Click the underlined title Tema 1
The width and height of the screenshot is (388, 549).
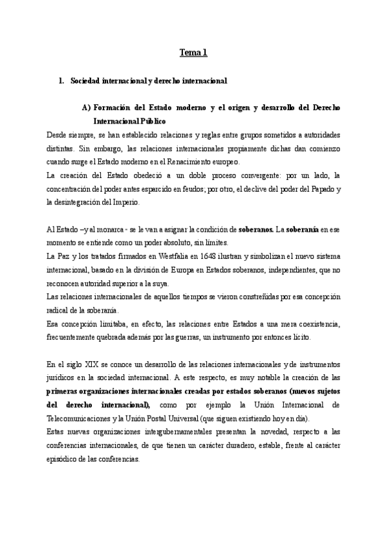(193, 53)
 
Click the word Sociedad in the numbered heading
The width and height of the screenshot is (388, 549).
(85, 82)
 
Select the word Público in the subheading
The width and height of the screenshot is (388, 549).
(153, 121)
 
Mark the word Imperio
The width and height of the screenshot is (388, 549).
(123, 202)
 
